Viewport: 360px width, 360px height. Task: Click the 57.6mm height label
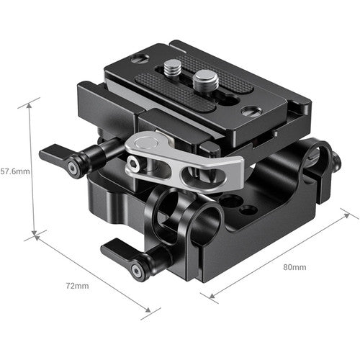pyautogui.click(x=15, y=171)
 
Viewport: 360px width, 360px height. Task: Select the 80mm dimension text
pyautogui.click(x=294, y=267)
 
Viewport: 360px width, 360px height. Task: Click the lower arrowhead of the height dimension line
pyautogui.click(x=34, y=234)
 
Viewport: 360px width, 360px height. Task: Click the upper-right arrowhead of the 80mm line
pyautogui.click(x=355, y=217)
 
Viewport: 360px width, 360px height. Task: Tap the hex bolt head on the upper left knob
pyautogui.click(x=72, y=168)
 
